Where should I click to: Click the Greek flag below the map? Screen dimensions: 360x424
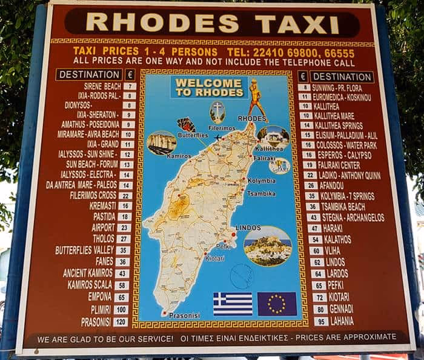click(x=233, y=304)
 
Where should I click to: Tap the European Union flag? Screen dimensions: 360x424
click(x=277, y=304)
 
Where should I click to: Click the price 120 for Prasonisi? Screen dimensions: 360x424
click(x=121, y=322)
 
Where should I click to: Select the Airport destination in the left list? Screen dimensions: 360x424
click(x=103, y=227)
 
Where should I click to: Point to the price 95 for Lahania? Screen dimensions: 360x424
click(x=321, y=321)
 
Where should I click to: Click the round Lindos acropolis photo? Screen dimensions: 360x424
click(x=267, y=245)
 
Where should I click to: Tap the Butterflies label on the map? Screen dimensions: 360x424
click(x=193, y=135)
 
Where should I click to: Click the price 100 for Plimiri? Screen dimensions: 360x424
click(x=121, y=310)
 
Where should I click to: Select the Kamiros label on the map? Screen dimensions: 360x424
click(x=162, y=156)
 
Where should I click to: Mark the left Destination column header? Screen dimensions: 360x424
click(x=89, y=75)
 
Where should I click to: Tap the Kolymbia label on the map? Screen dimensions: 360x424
click(x=261, y=181)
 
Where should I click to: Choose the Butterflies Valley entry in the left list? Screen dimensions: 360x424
click(x=84, y=250)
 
